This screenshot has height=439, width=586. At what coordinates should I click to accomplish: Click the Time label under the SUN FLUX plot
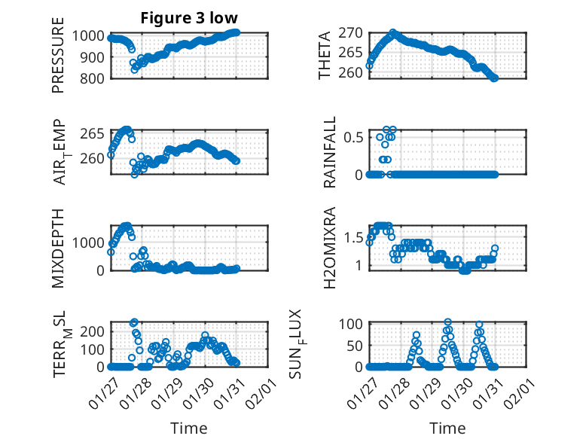[x=447, y=428]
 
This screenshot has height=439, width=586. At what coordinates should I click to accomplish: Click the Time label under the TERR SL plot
[x=189, y=428]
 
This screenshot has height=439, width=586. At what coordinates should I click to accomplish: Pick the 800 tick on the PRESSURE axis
[x=95, y=78]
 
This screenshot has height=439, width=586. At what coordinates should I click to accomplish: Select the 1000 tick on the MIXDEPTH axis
[x=92, y=242]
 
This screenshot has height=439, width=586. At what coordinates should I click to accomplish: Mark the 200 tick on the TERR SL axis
[x=95, y=331]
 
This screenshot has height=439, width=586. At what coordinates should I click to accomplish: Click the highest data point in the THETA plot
[x=393, y=33]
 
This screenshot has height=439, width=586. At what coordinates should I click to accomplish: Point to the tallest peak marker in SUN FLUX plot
[x=448, y=322]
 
